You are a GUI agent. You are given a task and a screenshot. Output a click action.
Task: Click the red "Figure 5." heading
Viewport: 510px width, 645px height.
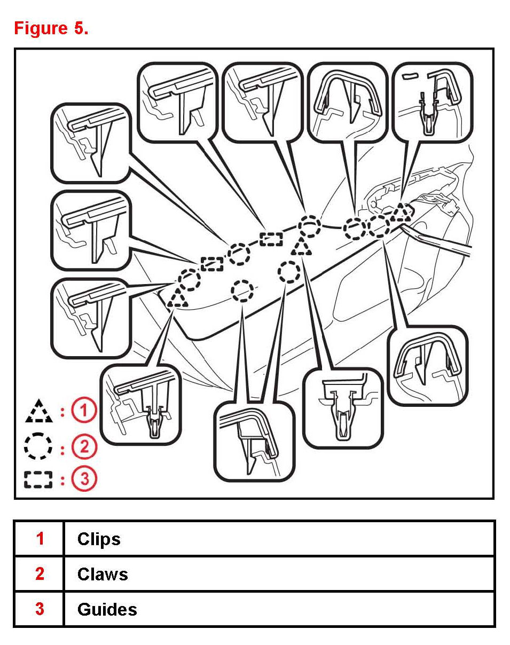click(51, 28)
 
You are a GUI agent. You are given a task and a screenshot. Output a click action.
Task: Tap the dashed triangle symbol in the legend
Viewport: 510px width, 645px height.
click(38, 412)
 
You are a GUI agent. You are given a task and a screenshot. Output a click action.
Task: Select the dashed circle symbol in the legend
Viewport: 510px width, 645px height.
click(38, 446)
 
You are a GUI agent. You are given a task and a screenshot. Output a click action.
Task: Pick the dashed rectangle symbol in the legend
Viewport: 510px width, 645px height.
click(38, 479)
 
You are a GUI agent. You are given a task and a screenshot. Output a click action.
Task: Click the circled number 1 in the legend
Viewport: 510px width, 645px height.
click(84, 412)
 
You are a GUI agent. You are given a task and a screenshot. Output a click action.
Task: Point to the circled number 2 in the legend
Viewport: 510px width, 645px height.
click(84, 446)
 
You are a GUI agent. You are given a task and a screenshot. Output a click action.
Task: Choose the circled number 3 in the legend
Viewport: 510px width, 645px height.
click(84, 479)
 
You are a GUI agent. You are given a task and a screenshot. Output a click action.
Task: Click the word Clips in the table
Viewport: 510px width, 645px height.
click(99, 539)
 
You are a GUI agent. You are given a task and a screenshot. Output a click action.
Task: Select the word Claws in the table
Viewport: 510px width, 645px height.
click(103, 574)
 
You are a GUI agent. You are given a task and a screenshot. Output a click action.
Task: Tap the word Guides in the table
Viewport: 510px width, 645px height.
click(107, 609)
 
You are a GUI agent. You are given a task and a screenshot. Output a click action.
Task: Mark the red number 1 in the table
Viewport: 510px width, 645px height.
click(40, 539)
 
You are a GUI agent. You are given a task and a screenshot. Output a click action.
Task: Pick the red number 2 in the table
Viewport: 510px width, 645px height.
click(40, 574)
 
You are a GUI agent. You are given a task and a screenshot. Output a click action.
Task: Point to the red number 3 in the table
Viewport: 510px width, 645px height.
click(40, 609)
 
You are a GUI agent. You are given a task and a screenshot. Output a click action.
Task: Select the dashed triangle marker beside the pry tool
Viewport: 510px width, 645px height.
click(400, 213)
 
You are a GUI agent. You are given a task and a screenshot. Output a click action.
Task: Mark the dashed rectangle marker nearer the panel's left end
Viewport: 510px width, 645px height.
click(212, 263)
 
